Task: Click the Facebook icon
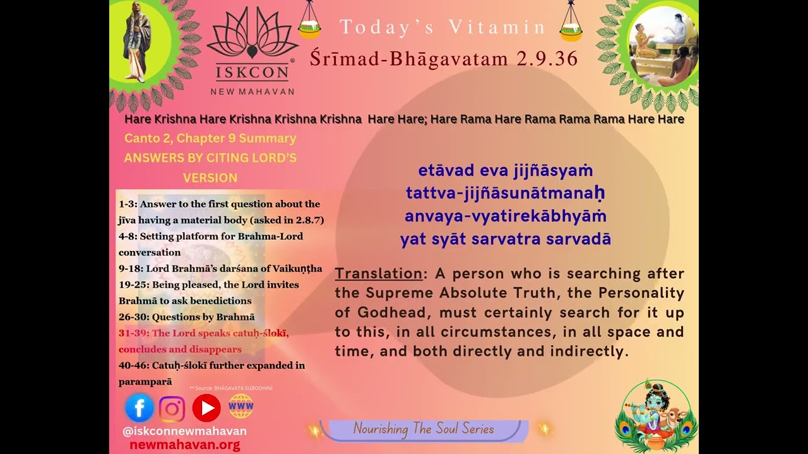140,408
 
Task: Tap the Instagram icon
172,409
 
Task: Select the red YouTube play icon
206,408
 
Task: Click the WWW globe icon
241,407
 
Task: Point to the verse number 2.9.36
547,59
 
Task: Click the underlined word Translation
377,274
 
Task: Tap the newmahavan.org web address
184,445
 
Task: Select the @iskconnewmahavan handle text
184,431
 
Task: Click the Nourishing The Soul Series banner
424,429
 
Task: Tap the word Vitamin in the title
497,27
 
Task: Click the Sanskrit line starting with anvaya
505,216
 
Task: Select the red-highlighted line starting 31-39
203,333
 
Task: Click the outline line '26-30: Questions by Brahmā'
187,317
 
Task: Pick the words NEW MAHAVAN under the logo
252,91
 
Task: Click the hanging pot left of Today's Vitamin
309,22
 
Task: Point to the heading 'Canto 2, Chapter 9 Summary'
210,138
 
